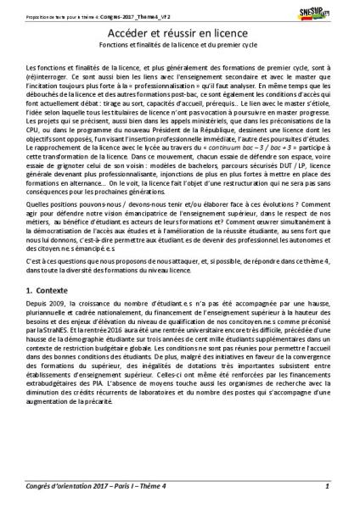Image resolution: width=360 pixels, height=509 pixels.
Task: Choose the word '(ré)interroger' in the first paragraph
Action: coord(47,74)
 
